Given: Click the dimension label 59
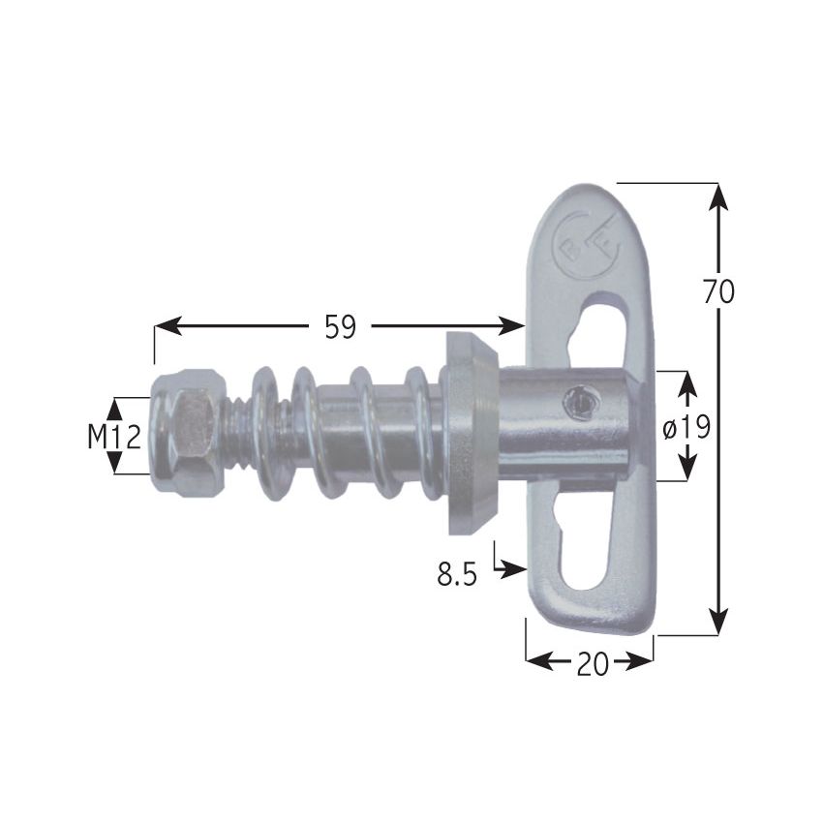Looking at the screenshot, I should (x=340, y=328).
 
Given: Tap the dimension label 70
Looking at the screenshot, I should (x=718, y=290).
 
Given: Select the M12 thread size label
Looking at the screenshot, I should (x=114, y=438).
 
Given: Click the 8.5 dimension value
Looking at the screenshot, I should (x=457, y=575).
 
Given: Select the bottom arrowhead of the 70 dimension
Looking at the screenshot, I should (x=717, y=620).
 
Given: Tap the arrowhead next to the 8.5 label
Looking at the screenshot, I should (x=513, y=571).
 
